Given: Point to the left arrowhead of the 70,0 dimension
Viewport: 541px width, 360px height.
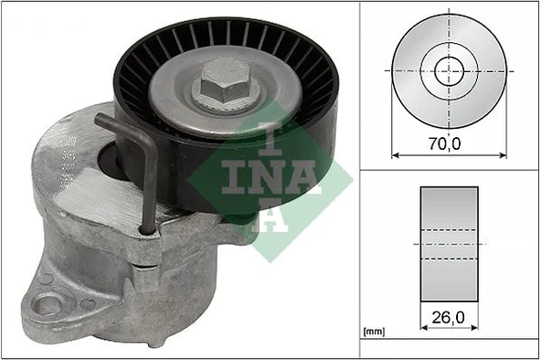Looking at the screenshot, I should click(396, 154).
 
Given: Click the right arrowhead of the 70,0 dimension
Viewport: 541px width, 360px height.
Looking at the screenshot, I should click(504, 154).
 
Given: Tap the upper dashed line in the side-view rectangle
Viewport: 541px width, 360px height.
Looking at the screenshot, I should click(450, 228).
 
